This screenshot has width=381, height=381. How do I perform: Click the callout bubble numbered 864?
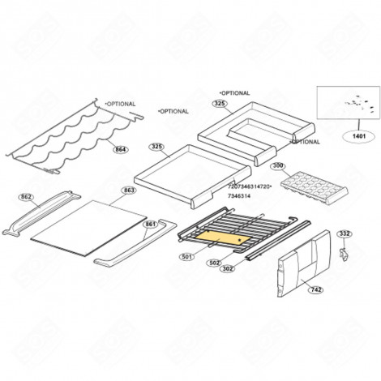click(120, 150)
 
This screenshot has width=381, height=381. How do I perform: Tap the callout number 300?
click(278, 165)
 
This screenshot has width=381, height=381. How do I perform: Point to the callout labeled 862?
click(26, 196)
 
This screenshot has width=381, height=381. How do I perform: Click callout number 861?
click(150, 224)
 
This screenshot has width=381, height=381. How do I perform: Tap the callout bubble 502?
click(215, 263)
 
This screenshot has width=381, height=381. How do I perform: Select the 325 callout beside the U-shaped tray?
click(220, 104)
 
